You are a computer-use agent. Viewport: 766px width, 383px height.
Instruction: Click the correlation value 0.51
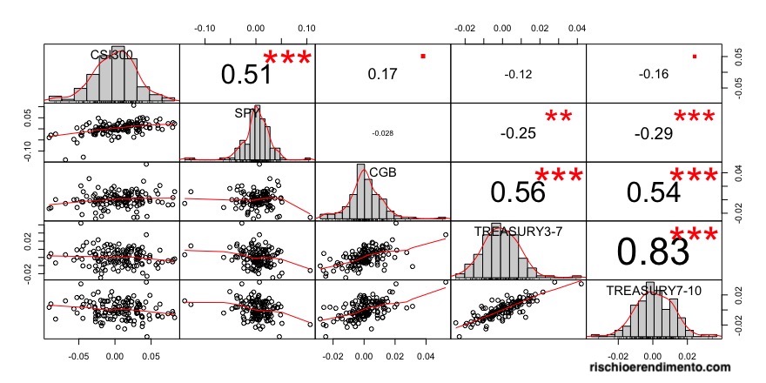click(x=246, y=76)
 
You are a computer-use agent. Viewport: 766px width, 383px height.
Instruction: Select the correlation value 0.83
click(x=653, y=252)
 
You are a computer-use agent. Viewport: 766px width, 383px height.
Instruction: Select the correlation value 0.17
click(x=382, y=75)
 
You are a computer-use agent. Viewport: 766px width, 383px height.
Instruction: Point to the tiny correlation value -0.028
click(x=382, y=133)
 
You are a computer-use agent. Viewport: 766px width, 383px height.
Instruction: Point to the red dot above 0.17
click(x=423, y=56)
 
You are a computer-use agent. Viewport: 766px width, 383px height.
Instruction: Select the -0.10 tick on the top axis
click(x=206, y=28)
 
